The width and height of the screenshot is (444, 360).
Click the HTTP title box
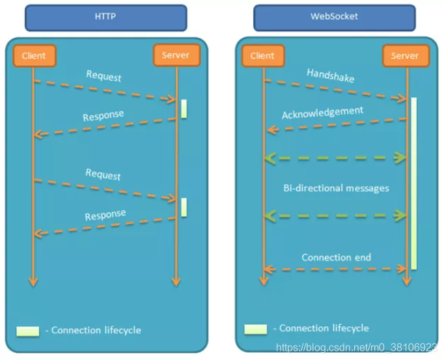point(106,18)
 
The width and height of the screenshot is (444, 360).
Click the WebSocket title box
point(335,18)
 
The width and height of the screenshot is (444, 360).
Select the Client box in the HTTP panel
point(35,55)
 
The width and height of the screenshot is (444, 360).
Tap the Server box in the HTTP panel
point(176,55)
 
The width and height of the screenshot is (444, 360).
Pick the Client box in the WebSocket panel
point(263,55)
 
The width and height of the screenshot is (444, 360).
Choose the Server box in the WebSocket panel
point(406,55)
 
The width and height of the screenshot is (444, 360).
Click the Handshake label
point(331,76)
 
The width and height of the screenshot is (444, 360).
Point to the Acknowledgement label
point(322,113)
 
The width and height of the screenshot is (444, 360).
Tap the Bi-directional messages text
point(336,188)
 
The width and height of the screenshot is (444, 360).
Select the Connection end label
point(336,257)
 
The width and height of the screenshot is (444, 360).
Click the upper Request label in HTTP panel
point(104,76)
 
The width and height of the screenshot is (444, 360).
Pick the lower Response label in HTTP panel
point(105,215)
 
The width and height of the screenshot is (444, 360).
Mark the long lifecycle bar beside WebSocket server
point(413,184)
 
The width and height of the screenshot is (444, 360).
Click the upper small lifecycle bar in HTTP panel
point(184,109)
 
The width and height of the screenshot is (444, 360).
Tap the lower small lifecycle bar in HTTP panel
point(184,207)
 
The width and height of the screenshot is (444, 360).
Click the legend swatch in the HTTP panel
point(28,331)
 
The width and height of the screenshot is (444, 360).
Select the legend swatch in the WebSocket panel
point(256,329)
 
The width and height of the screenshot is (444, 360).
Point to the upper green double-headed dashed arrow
point(335,158)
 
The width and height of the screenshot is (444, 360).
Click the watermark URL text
point(357,348)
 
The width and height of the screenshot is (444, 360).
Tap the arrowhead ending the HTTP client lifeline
point(33,281)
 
